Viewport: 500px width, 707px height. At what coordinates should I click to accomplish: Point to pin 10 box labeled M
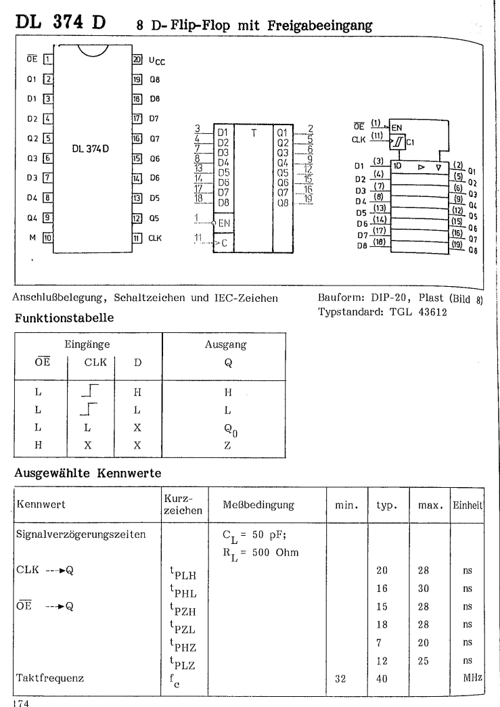pyautogui.click(x=47, y=237)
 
